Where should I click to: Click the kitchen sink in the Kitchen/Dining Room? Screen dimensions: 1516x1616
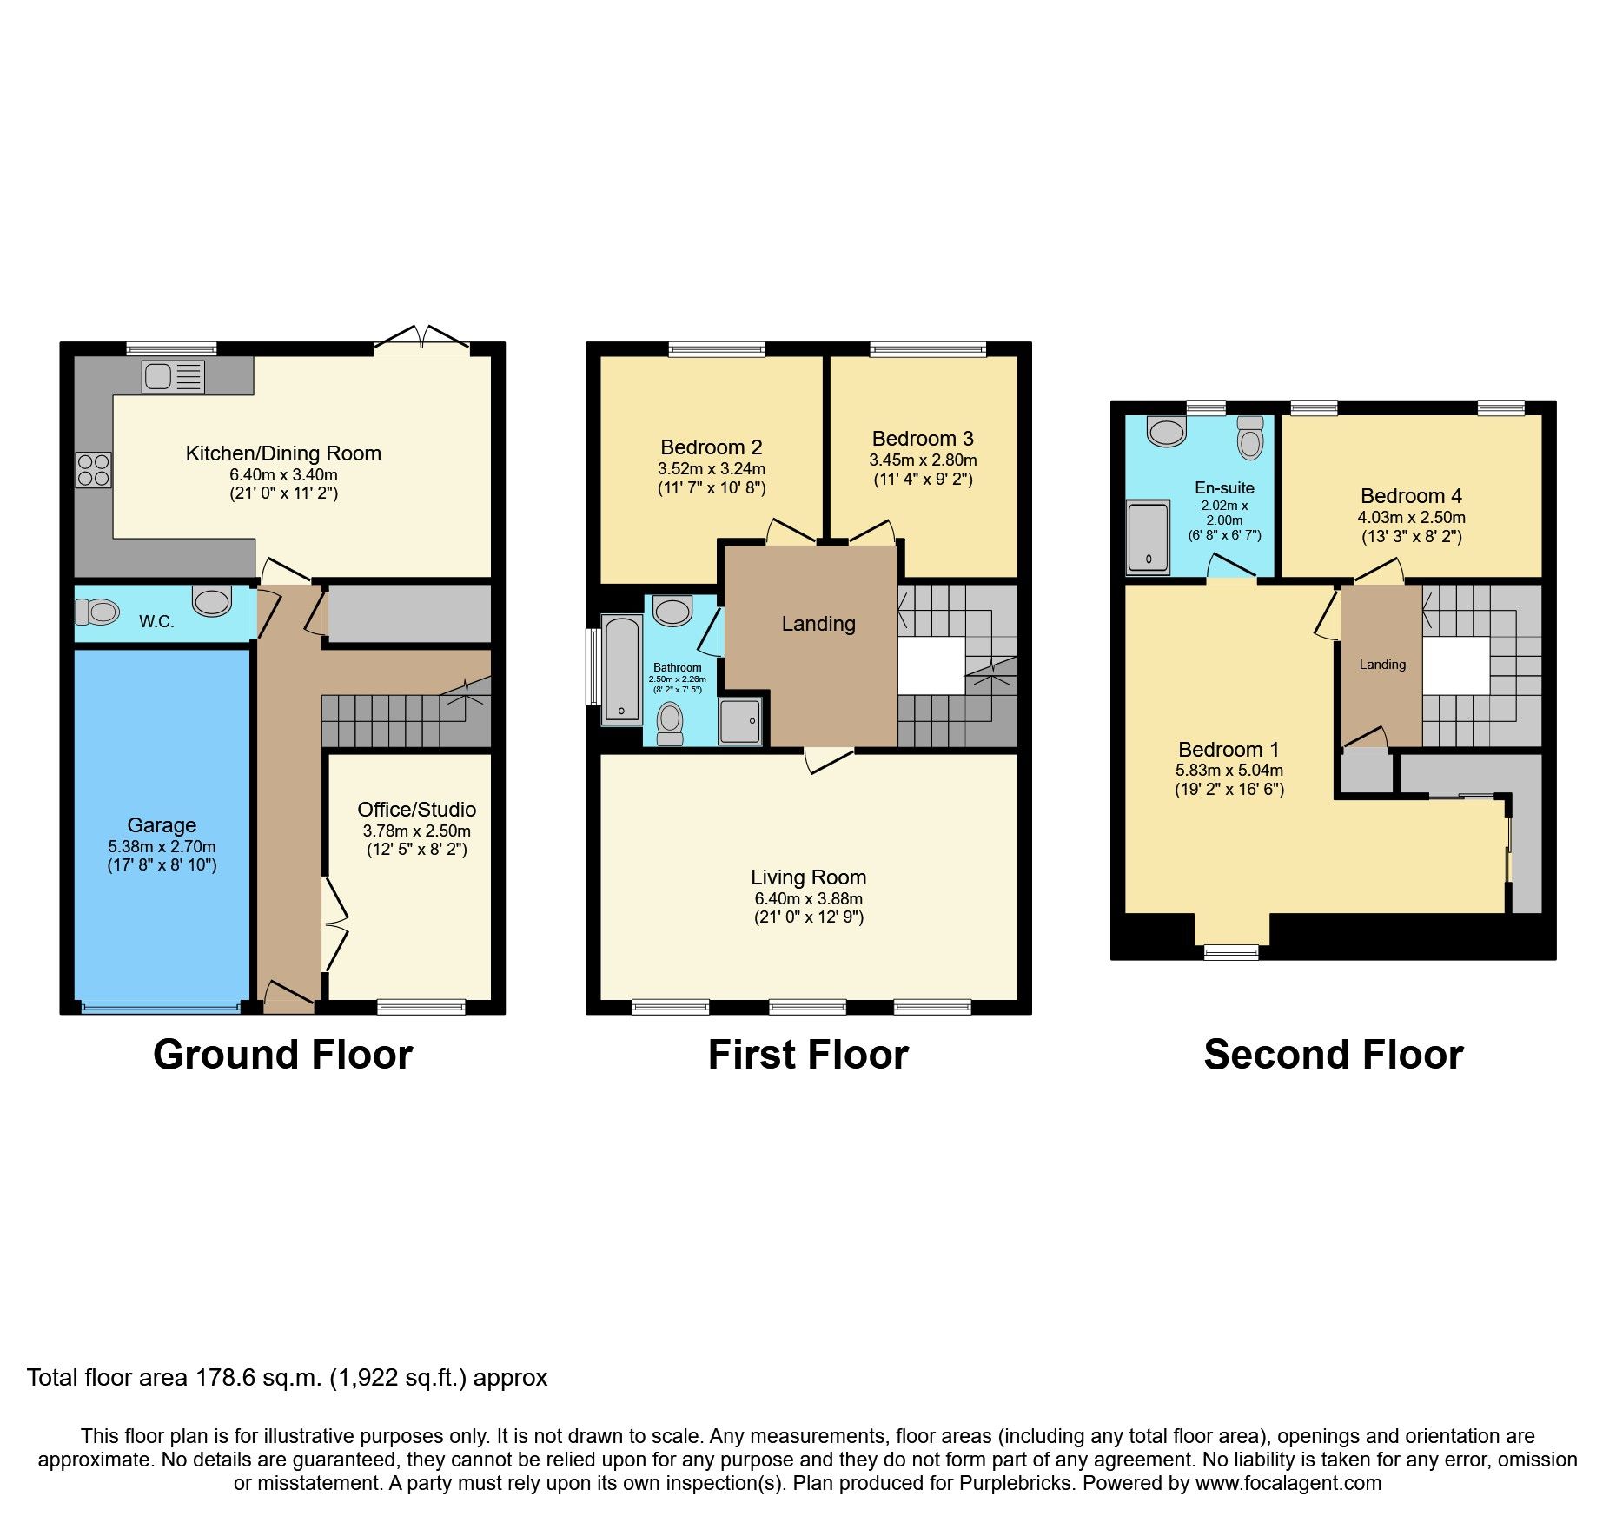(x=172, y=377)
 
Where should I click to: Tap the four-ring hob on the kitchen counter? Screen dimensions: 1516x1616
(x=93, y=470)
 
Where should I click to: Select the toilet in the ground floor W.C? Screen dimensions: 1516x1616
(x=96, y=612)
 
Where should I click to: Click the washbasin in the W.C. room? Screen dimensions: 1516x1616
(x=212, y=599)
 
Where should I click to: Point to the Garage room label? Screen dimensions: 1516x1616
(x=162, y=825)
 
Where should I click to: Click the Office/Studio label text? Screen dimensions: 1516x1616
(x=416, y=810)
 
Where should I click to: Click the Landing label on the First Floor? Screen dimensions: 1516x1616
(x=818, y=624)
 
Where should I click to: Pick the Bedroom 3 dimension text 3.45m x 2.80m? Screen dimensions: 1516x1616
(x=923, y=460)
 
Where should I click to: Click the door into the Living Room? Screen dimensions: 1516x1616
(x=830, y=758)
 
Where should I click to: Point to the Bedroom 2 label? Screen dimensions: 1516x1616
(x=711, y=447)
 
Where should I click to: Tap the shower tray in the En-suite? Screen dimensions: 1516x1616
(x=1148, y=537)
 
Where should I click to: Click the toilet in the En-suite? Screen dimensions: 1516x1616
(x=1250, y=438)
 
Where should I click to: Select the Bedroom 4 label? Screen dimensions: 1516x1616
(x=1411, y=496)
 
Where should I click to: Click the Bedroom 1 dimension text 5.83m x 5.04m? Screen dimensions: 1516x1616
(x=1229, y=771)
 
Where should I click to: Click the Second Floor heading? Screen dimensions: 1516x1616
(x=1333, y=1055)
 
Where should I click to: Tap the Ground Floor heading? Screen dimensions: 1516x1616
(x=282, y=1055)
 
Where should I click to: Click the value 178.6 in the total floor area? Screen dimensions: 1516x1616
(x=222, y=1378)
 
